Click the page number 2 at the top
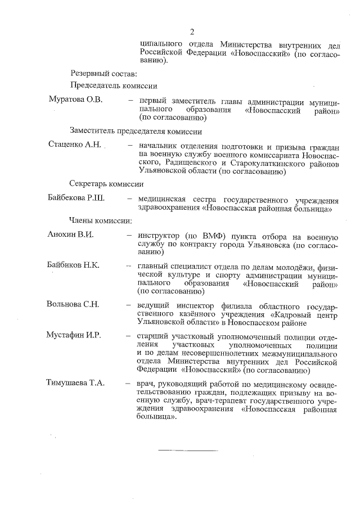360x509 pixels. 192,31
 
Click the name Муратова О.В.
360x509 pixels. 75,100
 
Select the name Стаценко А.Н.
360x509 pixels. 75,145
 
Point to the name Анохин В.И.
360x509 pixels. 70,234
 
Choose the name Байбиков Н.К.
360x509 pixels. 73,265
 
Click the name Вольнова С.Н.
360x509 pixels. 73,304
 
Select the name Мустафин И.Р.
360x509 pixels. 73,335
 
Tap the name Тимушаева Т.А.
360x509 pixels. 75,383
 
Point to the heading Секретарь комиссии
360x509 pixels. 106,184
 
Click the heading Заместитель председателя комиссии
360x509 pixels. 136,132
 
